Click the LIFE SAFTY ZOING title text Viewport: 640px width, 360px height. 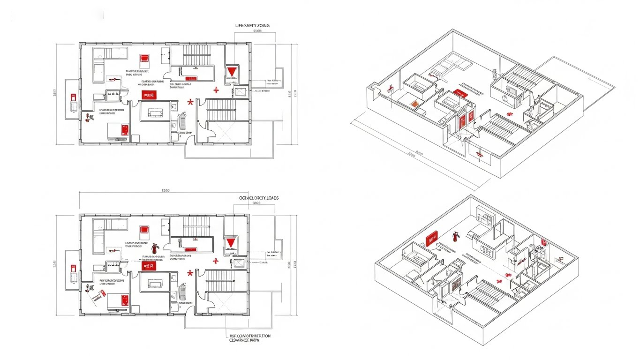click(x=252, y=25)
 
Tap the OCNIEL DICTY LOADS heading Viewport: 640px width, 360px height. click(x=258, y=198)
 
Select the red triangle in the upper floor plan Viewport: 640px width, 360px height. click(x=231, y=72)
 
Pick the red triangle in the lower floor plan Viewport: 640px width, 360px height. click(x=230, y=243)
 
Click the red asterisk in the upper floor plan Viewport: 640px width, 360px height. click(x=190, y=102)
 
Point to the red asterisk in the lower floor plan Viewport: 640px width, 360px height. click(x=190, y=273)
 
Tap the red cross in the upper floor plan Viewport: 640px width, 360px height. click(x=216, y=90)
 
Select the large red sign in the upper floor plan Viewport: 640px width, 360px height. click(x=149, y=95)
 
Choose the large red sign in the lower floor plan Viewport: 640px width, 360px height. click(x=149, y=266)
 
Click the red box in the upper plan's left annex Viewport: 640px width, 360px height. click(x=73, y=97)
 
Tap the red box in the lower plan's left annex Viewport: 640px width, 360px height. click(x=73, y=268)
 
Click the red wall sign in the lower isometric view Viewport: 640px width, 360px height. click(x=431, y=239)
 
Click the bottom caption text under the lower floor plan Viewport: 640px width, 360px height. click(x=250, y=338)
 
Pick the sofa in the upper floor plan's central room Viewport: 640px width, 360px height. click(x=155, y=112)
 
